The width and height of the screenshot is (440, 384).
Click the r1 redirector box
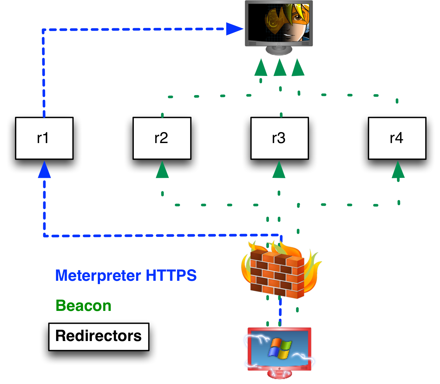click(x=44, y=138)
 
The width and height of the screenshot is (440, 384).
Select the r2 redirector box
click(x=162, y=138)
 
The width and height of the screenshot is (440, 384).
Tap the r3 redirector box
click(x=280, y=138)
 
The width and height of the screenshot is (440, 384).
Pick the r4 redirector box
click(x=397, y=138)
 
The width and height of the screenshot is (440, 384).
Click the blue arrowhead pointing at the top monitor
click(x=234, y=29)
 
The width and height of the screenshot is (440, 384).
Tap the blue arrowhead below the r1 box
click(x=44, y=170)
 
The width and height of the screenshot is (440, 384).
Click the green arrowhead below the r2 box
click(x=162, y=170)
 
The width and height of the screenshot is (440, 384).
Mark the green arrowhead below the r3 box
click(x=279, y=170)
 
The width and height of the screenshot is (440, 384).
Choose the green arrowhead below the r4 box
click(x=398, y=170)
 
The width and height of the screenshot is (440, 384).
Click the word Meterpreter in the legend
click(x=98, y=276)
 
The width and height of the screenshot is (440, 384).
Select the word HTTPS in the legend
click(x=171, y=275)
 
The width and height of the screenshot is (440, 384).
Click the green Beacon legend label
click(x=83, y=306)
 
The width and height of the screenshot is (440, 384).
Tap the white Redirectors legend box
click(x=99, y=337)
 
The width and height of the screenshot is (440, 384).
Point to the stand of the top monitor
click(x=279, y=51)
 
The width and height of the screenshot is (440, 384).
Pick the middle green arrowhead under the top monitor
click(x=280, y=68)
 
